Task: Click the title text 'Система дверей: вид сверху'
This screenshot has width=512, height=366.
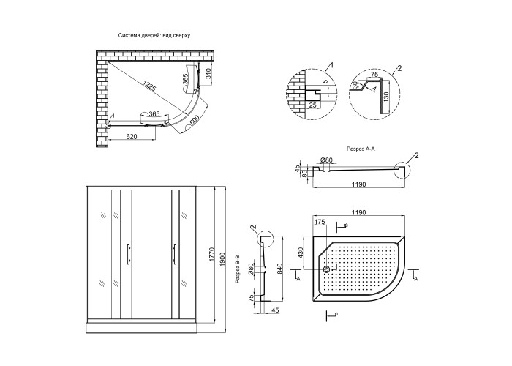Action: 154,35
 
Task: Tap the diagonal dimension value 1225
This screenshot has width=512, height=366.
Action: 150,86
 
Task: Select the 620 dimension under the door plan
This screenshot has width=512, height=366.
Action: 131,137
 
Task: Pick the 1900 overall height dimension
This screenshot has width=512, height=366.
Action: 222,259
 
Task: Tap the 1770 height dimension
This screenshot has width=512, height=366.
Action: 211,255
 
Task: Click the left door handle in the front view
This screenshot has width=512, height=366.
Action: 129,254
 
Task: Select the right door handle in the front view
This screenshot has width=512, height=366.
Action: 175,254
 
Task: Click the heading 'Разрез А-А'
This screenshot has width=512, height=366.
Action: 361,149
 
